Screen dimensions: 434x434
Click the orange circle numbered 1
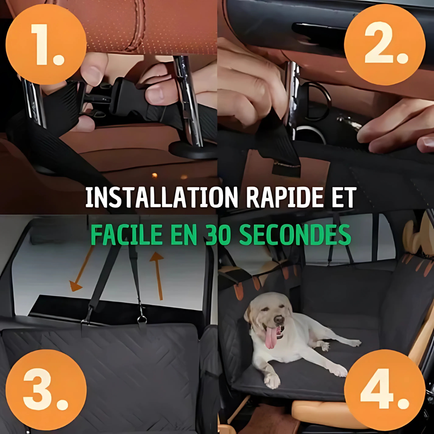[x=46, y=44]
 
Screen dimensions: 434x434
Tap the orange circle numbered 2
[x=385, y=44]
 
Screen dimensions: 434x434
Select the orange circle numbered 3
[x=46, y=390]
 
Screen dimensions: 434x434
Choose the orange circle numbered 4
[x=385, y=390]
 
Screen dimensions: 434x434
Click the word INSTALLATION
[x=162, y=197]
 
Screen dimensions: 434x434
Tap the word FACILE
[x=127, y=235]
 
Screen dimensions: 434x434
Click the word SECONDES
[x=295, y=235]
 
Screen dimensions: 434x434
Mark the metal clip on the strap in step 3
[x=142, y=318]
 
